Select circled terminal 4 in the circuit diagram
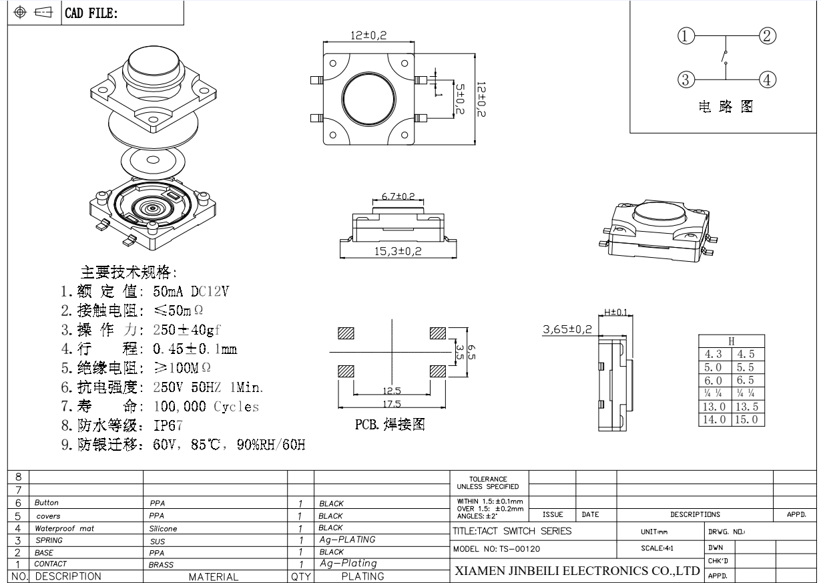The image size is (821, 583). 768,80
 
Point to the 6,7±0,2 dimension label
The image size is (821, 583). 398,197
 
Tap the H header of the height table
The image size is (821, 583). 732,341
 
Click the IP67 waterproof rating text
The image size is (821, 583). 168,425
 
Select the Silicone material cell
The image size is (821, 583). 164,528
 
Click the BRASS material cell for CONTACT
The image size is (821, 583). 161,564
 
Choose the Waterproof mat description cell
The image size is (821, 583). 65,528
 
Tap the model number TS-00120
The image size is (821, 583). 496,548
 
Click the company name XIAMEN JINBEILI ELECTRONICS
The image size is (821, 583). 576,572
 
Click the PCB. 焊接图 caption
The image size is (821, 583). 391,425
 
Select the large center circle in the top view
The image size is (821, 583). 368,98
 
